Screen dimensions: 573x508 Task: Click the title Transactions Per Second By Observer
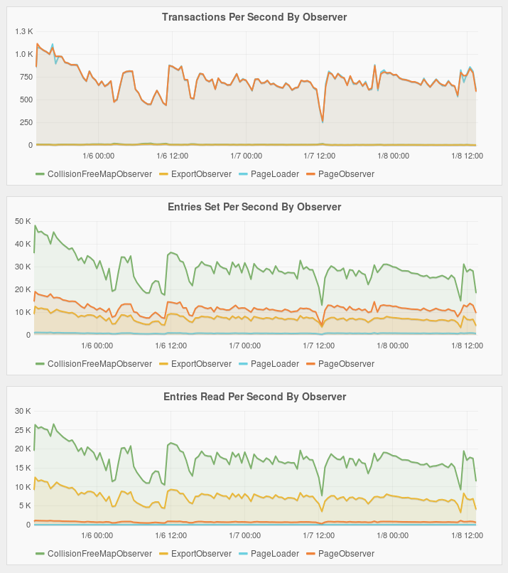(254, 17)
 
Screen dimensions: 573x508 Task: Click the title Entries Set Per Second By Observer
(254, 207)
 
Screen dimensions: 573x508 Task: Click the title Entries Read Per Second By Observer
(254, 397)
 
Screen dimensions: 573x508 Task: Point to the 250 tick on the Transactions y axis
(26, 122)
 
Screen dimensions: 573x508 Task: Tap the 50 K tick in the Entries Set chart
(24, 221)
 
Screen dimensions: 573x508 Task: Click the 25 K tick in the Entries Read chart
(24, 430)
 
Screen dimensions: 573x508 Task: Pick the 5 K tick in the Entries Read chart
(26, 506)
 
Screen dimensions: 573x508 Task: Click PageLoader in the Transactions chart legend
(275, 173)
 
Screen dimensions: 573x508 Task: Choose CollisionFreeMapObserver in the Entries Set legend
(99, 363)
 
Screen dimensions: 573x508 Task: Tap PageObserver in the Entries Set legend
(346, 363)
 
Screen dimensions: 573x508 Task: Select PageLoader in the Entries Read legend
(275, 553)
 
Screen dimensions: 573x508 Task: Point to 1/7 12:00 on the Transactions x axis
(319, 156)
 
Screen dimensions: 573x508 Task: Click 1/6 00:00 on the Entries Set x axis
(97, 346)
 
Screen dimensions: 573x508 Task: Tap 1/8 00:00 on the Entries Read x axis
(393, 535)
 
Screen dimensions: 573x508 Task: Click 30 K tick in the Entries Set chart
(24, 267)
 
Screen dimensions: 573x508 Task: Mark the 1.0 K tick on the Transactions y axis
(24, 54)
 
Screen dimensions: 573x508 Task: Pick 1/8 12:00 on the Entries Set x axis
(467, 346)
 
